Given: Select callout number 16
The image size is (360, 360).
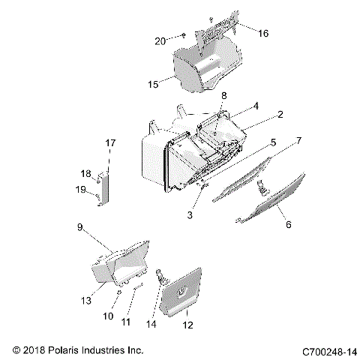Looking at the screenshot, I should (x=262, y=34).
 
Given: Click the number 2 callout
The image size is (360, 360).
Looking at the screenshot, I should (x=280, y=115).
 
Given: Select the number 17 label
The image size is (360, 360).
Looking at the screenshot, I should (x=110, y=142).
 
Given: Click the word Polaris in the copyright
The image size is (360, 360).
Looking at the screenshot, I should (x=70, y=349).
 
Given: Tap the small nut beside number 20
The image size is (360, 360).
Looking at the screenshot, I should (x=182, y=35).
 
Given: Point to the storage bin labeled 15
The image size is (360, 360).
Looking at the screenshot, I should (x=206, y=66).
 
